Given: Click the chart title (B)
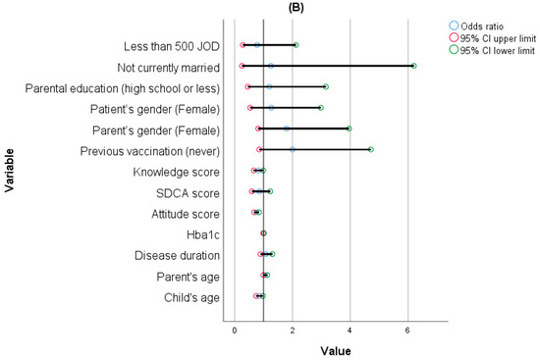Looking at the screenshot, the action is [x=296, y=8].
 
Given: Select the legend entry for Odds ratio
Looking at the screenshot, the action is [x=476, y=26].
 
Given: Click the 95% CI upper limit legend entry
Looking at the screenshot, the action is [x=493, y=38].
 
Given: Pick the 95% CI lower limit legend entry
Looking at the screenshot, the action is [x=492, y=50].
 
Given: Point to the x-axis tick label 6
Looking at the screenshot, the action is [x=407, y=331].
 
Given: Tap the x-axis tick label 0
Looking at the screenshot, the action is [x=235, y=331].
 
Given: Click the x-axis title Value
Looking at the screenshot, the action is [x=336, y=351].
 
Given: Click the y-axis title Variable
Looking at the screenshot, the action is [x=9, y=171].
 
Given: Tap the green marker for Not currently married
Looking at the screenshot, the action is [x=413, y=66].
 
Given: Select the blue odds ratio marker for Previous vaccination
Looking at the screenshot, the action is [x=293, y=149].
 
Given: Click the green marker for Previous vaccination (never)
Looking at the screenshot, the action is [x=370, y=149].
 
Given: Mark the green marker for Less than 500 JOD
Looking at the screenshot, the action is [x=296, y=45].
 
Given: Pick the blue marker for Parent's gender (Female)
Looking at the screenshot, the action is [x=287, y=129].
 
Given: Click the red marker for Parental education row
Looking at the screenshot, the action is [x=247, y=86].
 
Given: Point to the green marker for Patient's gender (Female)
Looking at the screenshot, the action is [x=321, y=108].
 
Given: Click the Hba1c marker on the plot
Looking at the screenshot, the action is [x=263, y=233].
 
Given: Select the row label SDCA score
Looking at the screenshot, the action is [x=188, y=193].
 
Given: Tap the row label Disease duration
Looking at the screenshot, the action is [x=177, y=256].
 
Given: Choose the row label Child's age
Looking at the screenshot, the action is [x=191, y=297].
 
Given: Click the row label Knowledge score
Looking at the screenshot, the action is [x=177, y=172].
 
